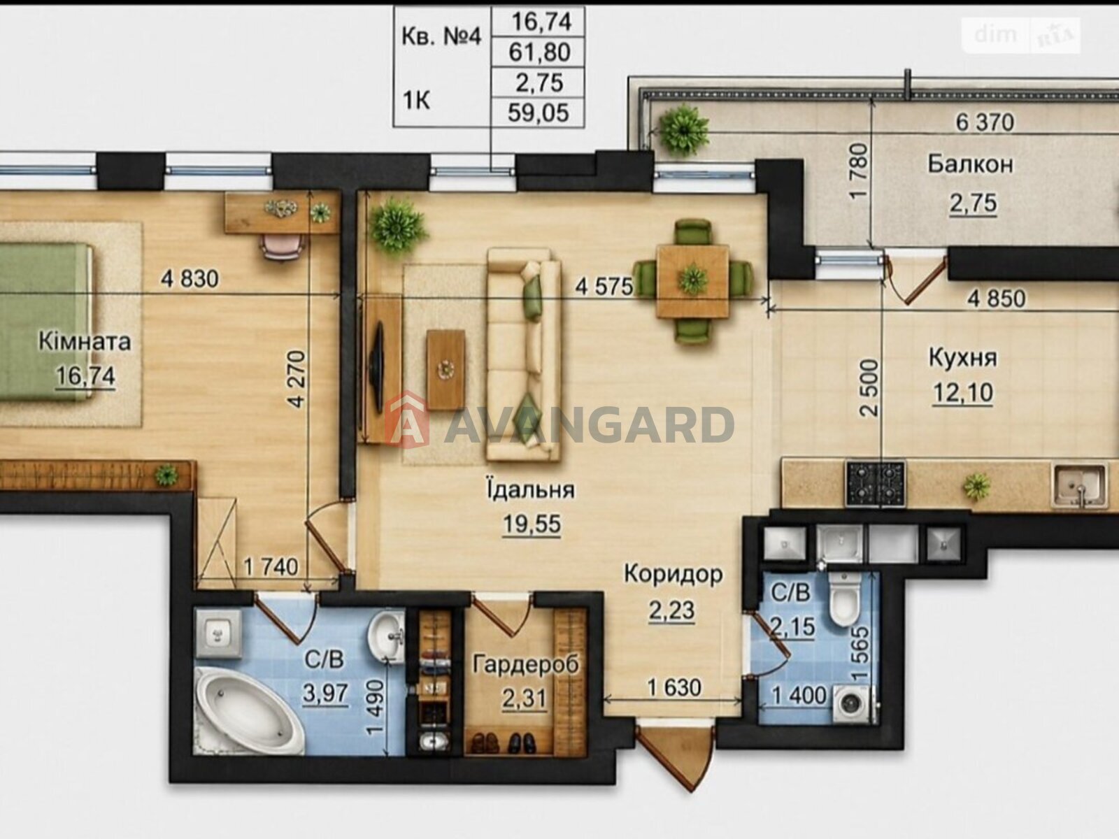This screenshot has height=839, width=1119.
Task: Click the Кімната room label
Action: [x=85, y=341]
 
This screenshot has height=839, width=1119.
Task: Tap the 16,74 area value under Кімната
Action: [x=85, y=376]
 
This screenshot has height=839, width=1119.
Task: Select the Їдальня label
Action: [x=532, y=489]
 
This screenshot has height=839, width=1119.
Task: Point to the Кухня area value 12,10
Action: [x=963, y=393]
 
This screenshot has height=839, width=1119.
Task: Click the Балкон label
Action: [x=971, y=164]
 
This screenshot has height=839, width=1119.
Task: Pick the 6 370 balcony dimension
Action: [x=985, y=123]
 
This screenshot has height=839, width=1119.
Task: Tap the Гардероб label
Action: [x=526, y=664]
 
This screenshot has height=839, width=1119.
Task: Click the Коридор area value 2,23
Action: [x=672, y=610]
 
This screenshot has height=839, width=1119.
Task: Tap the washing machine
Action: [x=854, y=705]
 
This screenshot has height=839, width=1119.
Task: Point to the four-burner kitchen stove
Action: [x=876, y=483]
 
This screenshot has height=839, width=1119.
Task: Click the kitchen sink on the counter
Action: [x=1080, y=485]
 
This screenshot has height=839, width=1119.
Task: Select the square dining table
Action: [x=693, y=280]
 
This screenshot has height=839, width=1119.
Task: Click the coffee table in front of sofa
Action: [x=446, y=369]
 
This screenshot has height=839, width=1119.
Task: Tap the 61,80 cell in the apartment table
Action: [x=539, y=52]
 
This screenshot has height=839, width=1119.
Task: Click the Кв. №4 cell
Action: [x=441, y=37]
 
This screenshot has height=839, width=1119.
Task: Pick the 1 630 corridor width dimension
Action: [x=674, y=688]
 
